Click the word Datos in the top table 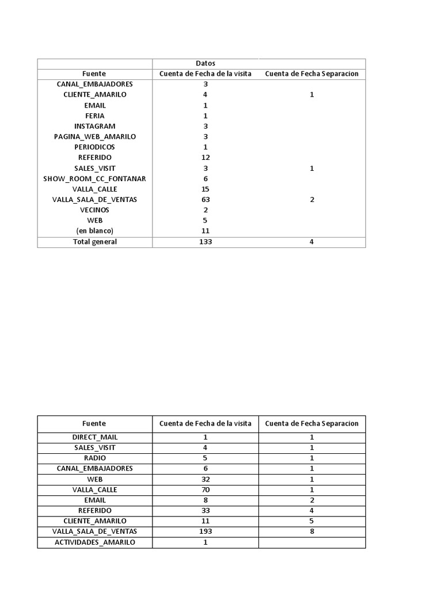[205, 63]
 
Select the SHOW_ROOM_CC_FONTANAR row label [95, 179]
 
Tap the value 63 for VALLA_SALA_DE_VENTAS [205, 200]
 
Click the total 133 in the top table [205, 242]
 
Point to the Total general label [95, 242]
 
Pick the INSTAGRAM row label [95, 127]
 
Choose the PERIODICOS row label [95, 147]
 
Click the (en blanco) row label [95, 231]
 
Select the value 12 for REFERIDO [205, 158]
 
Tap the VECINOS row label [95, 210]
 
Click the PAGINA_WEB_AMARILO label [95, 137]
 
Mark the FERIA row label [95, 116]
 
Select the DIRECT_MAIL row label [95, 437]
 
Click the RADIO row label [95, 458]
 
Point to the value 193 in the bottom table [205, 531]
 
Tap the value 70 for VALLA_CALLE [205, 490]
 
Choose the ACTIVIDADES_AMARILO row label [95, 542]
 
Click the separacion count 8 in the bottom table [311, 531]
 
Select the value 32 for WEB [205, 479]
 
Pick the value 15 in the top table [205, 189]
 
